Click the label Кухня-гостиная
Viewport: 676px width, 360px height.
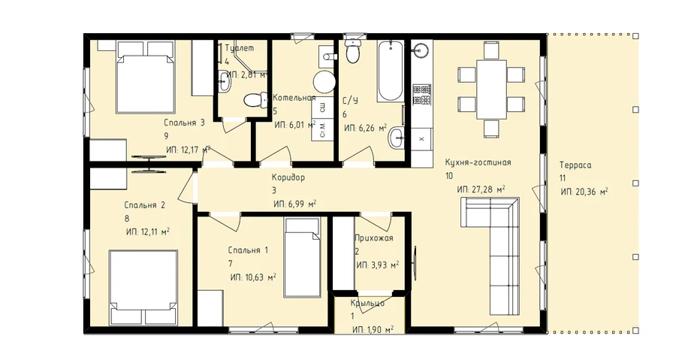coord(478,162)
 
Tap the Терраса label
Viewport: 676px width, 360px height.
coord(575,165)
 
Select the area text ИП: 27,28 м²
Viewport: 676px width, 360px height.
coord(481,189)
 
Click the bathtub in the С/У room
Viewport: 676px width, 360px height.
coord(391,71)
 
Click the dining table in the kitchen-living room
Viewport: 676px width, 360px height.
coord(491,89)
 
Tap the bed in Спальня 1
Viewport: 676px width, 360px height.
coord(303,257)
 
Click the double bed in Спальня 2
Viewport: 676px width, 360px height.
coord(143,287)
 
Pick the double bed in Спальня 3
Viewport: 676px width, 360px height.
coord(145,77)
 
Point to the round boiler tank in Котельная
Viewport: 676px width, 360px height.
coord(324,82)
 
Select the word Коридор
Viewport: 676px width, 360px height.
coord(288,177)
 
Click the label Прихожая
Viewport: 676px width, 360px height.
coord(374,237)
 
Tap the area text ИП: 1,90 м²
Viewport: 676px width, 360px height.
coord(373,330)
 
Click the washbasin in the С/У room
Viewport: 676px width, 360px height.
coord(396,138)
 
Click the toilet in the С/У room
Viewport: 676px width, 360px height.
coord(354,51)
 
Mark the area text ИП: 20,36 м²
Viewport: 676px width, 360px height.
coord(584,192)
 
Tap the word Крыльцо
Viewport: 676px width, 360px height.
coord(367,303)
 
